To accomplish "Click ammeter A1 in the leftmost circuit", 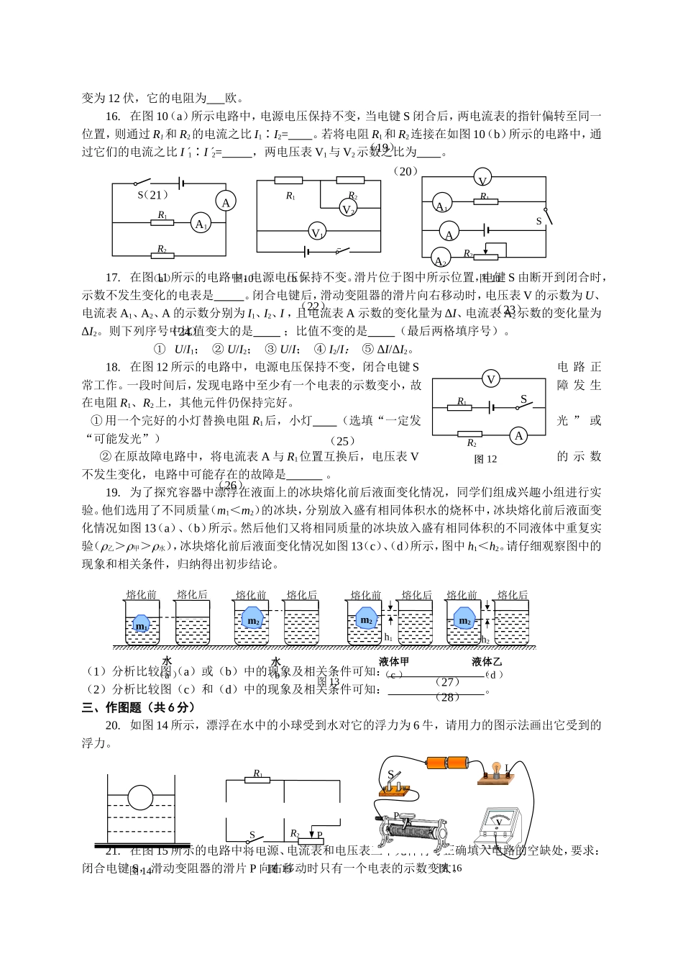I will (201, 224).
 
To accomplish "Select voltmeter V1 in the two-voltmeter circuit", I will (316, 232).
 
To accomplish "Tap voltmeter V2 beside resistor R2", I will (348, 209).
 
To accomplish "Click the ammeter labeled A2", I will (440, 259).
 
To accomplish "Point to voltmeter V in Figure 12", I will (491, 379).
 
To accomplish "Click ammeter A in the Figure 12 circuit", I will (518, 435).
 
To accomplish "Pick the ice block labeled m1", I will (142, 624).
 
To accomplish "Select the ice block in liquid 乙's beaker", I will (464, 619).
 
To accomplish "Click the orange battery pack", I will (448, 763).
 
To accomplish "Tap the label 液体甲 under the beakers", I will (393, 662).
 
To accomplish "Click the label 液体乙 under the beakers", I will (487, 662).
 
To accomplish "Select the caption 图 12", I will (485, 459).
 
